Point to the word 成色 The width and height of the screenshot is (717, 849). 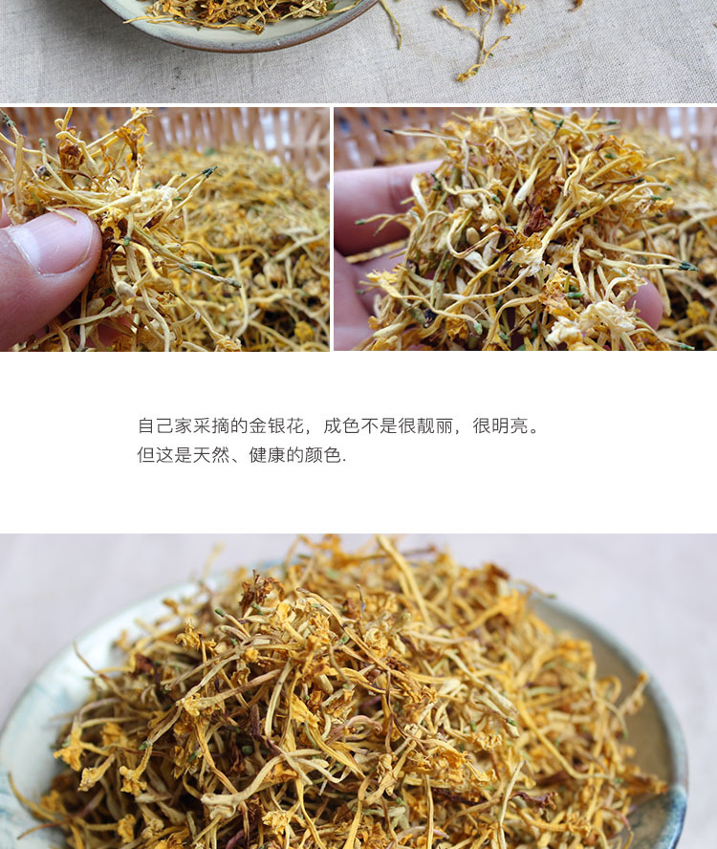(x=341, y=426)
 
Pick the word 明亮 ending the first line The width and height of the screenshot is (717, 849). (x=500, y=426)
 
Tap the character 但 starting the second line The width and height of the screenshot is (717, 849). (x=146, y=455)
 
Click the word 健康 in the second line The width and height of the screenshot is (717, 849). (x=267, y=455)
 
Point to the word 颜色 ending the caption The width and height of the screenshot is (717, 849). (x=323, y=455)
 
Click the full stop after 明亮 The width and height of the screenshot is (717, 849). (x=534, y=431)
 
